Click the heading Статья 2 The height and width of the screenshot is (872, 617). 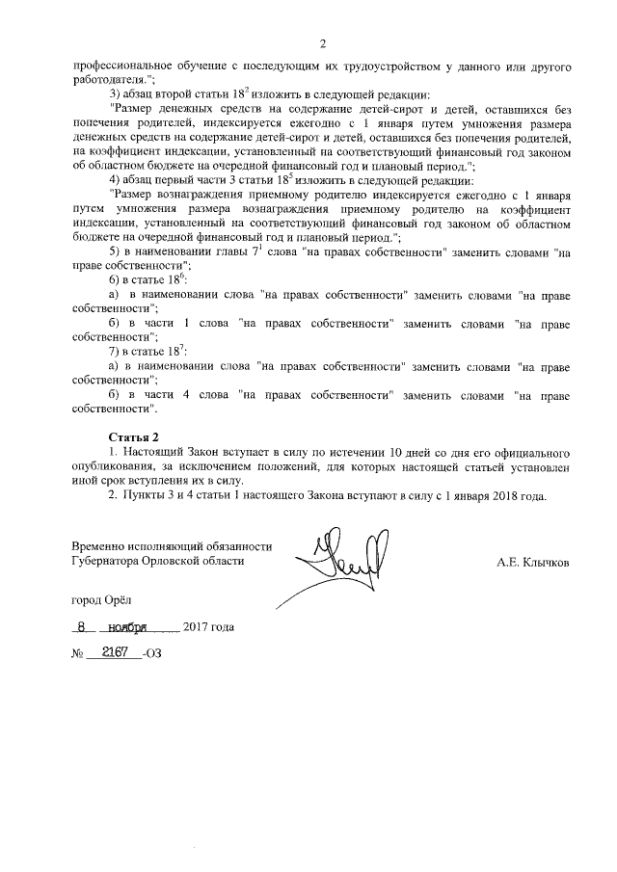[133, 438]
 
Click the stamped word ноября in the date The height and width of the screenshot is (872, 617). [128, 626]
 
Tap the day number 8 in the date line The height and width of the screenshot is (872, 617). [85, 626]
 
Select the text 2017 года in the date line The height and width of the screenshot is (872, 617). [208, 627]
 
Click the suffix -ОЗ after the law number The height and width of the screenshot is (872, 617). [152, 653]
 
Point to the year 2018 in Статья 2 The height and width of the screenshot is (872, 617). [500, 497]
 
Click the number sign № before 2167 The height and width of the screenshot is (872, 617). [78, 653]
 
